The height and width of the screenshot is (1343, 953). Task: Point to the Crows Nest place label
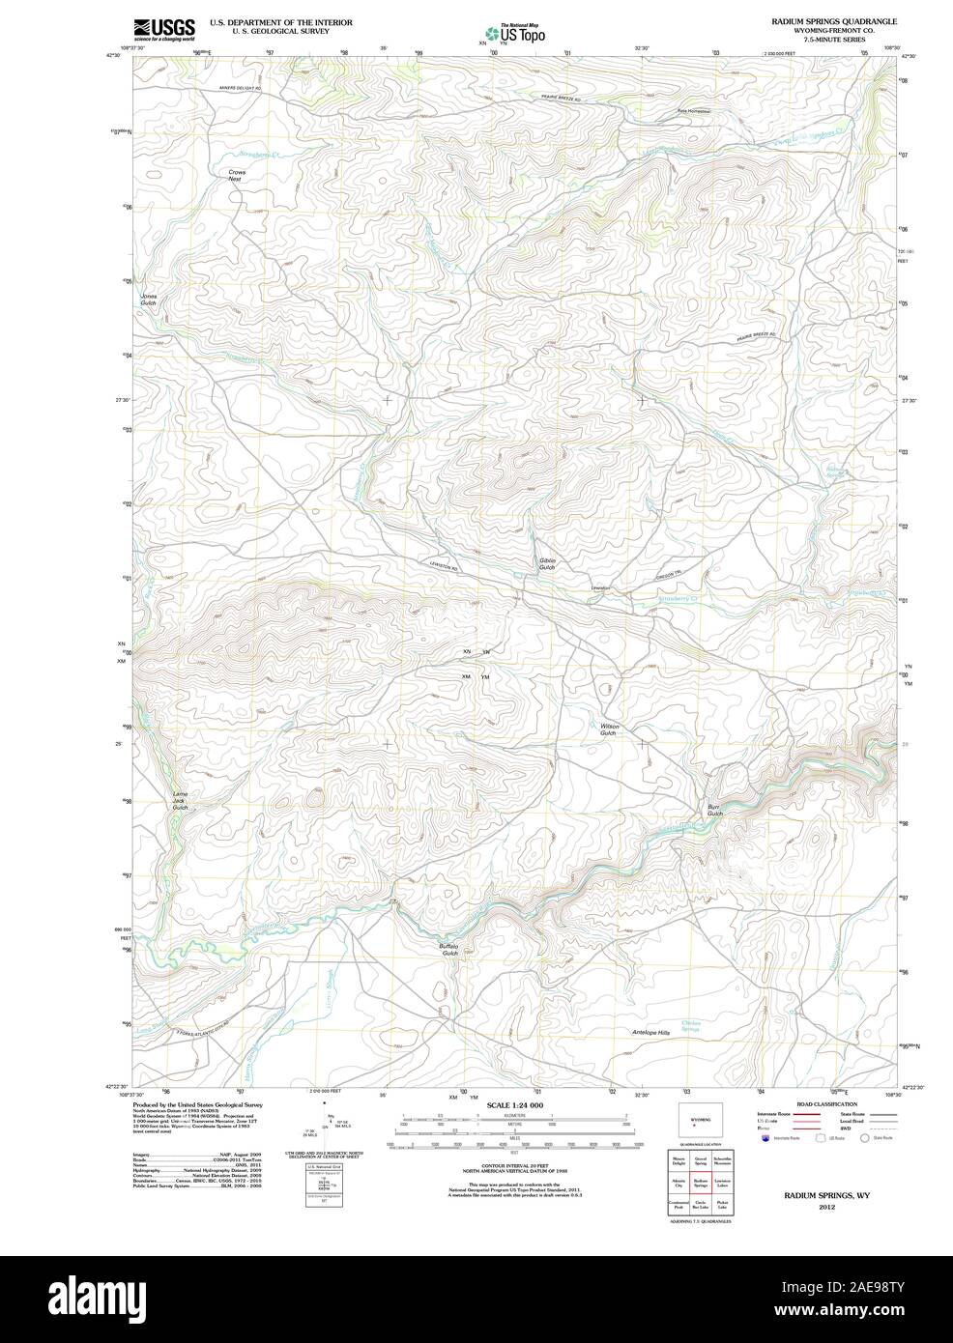click(237, 176)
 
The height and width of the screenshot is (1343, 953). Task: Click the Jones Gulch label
click(148, 300)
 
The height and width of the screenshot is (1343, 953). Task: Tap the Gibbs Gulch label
click(547, 563)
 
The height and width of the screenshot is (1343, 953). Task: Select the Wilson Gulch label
click(608, 729)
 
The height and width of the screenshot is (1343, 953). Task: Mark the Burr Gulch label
click(714, 810)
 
